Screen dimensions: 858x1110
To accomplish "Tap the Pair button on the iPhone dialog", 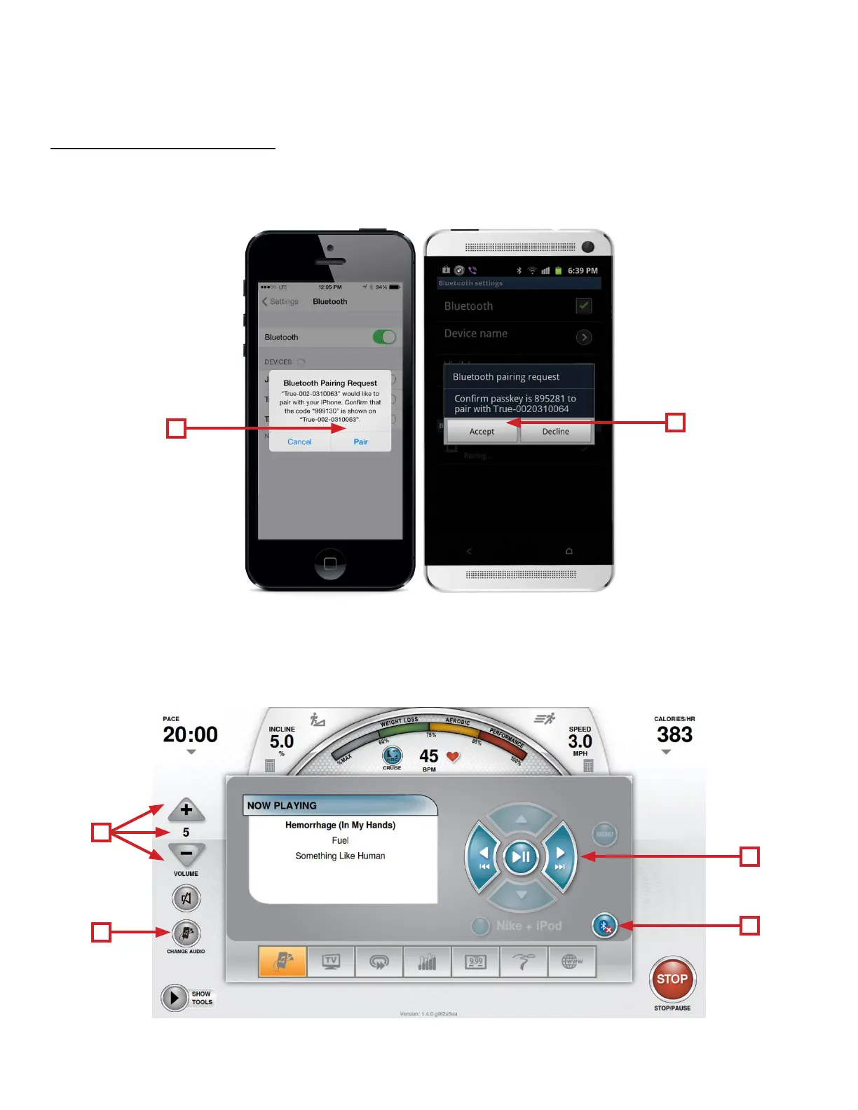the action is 360,441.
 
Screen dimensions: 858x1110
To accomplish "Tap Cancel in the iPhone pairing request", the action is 299,441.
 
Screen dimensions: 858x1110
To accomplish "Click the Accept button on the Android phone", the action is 482,432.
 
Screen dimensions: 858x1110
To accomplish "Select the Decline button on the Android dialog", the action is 556,432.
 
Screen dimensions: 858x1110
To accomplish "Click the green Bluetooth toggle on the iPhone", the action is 384,337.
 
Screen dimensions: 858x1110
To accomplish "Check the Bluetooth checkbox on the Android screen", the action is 583,306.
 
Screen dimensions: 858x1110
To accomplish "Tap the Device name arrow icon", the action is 583,337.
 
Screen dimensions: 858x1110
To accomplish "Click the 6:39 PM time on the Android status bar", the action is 583,270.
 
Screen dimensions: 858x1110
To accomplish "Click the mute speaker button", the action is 186,898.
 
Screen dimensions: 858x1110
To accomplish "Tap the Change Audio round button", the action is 186,933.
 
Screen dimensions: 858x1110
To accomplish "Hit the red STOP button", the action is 672,979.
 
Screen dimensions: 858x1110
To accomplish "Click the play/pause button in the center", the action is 521,856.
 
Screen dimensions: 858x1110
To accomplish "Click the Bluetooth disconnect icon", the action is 604,926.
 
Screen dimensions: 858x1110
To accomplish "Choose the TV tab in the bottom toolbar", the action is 331,961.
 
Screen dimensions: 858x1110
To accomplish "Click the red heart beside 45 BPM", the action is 453,757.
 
